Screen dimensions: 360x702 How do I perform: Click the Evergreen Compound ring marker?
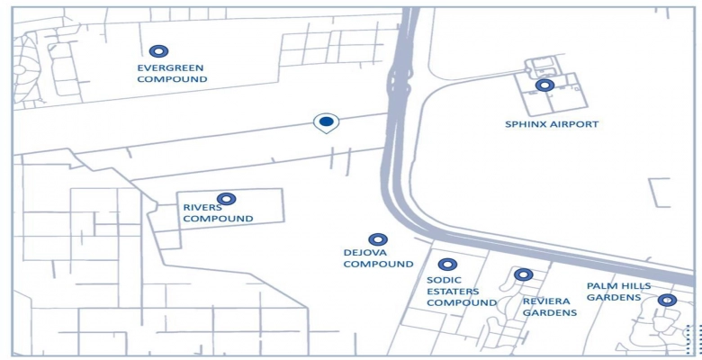[x=160, y=52]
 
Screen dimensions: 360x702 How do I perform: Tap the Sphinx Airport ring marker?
[x=544, y=85]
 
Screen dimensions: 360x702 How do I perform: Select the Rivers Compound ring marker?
[x=226, y=199]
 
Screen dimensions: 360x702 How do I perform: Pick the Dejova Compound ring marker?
[x=377, y=239]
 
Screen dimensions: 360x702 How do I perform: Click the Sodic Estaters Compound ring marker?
[x=447, y=265]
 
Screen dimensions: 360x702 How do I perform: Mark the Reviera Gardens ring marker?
[x=523, y=274]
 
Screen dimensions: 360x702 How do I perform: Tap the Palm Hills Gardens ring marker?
[x=667, y=300]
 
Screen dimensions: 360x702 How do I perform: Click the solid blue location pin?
[x=326, y=121]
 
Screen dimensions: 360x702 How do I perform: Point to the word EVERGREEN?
[x=171, y=67]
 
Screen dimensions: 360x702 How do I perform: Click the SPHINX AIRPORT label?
[x=552, y=124]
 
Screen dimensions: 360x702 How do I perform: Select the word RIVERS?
[x=202, y=207]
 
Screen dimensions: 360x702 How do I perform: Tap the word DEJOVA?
[x=364, y=253]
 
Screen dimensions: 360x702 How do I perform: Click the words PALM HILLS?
[x=616, y=286]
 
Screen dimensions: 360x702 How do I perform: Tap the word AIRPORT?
[x=575, y=124]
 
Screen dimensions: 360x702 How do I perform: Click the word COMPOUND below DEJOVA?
[x=378, y=265]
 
